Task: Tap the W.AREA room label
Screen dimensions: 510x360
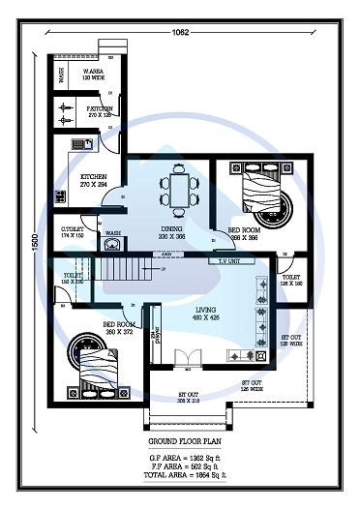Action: [94, 75]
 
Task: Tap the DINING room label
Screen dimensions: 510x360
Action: [172, 235]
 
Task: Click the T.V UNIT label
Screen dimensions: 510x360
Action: [229, 261]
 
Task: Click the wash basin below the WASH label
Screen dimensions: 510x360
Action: [107, 245]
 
